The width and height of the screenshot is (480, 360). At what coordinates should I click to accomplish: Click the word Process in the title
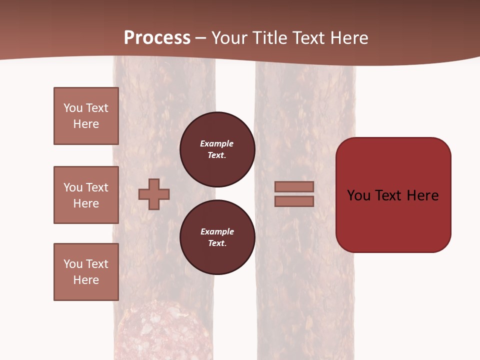pyautogui.click(x=157, y=38)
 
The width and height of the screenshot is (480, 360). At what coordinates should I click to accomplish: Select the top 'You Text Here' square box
pyautogui.click(x=86, y=116)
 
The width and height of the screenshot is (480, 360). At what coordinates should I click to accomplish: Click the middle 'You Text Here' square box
pyautogui.click(x=86, y=195)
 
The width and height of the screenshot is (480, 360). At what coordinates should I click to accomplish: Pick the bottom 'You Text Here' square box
pyautogui.click(x=86, y=272)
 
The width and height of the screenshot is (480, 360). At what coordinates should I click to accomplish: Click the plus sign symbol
pyautogui.click(x=154, y=194)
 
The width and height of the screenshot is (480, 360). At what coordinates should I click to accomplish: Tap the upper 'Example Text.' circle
pyautogui.click(x=217, y=149)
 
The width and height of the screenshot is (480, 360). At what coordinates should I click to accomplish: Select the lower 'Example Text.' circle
pyautogui.click(x=217, y=237)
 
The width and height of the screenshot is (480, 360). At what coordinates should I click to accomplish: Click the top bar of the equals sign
pyautogui.click(x=294, y=187)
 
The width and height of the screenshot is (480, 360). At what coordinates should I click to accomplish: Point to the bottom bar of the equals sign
pyautogui.click(x=294, y=201)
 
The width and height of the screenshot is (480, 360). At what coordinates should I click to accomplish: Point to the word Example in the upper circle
pyautogui.click(x=217, y=143)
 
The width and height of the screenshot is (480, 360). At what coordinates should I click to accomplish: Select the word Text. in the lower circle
pyautogui.click(x=217, y=243)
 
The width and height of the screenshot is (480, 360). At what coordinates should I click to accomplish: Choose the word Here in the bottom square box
pyautogui.click(x=86, y=280)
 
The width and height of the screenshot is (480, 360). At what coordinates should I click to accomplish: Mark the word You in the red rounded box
pyautogui.click(x=358, y=195)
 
